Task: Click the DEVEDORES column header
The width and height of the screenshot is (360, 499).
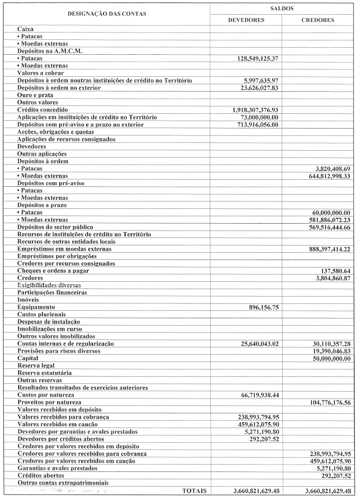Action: [246, 20]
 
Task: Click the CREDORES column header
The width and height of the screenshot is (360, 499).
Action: [318, 20]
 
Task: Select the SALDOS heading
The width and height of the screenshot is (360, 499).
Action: [282, 8]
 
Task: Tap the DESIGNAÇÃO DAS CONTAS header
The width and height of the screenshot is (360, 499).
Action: [107, 14]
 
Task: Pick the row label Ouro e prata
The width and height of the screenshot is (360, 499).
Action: [35, 95]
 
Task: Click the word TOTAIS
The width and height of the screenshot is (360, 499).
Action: [195, 491]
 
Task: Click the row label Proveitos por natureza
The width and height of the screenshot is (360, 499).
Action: [49, 402]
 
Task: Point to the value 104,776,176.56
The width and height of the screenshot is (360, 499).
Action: [324, 402]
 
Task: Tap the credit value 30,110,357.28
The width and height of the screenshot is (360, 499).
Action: [326, 343]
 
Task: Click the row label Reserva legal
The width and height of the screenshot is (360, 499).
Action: [36, 366]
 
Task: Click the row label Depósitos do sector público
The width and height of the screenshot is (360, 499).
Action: [55, 227]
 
